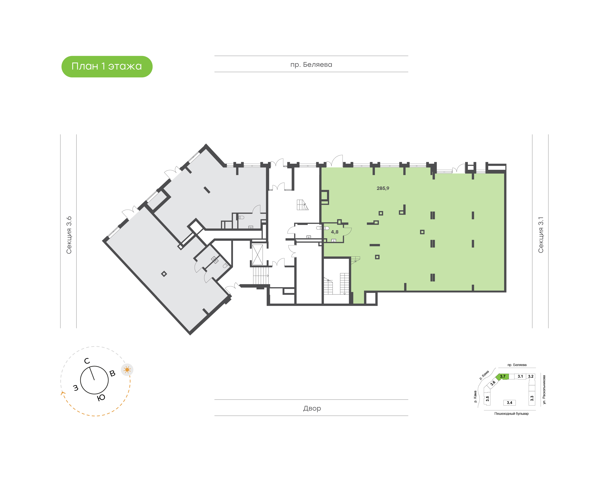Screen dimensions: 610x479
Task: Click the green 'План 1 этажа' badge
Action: point(107,67)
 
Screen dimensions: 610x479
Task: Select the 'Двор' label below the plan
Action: point(312,408)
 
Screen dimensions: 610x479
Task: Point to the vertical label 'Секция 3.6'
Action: point(69,235)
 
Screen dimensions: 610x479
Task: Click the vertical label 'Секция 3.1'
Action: point(541,235)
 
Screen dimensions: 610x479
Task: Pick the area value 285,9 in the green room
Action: point(383,188)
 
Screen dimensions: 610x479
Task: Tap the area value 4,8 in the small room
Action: point(335,232)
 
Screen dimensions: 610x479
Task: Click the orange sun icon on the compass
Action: point(127,370)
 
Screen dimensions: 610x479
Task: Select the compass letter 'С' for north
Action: point(87,361)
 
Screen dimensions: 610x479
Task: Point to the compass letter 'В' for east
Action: point(112,373)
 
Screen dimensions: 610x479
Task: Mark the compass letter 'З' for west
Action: point(76,388)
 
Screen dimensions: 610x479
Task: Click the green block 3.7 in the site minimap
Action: point(502,376)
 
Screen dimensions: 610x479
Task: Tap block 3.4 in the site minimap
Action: point(509,403)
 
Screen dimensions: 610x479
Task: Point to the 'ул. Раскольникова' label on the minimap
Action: point(544,390)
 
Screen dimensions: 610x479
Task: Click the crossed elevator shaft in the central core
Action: point(258,255)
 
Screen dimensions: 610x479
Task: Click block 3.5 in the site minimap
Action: point(487,398)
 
